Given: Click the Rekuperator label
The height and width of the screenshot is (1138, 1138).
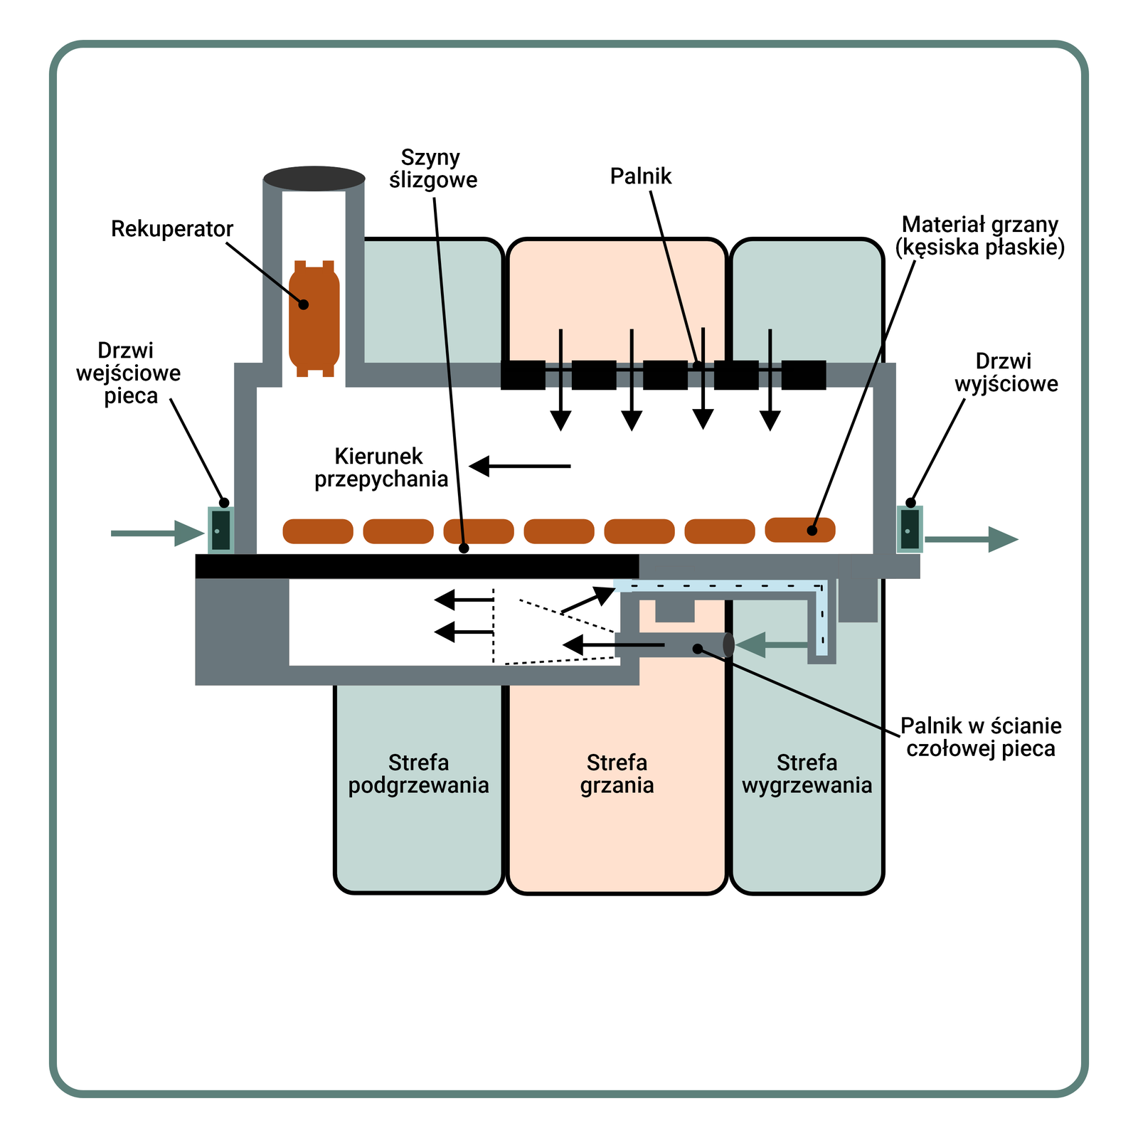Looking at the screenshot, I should pyautogui.click(x=171, y=229).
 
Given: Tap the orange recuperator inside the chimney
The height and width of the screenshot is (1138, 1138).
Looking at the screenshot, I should pyautogui.click(x=314, y=318).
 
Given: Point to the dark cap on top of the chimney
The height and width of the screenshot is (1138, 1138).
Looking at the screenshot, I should pyautogui.click(x=314, y=179).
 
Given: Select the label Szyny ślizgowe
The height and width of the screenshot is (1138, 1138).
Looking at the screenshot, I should pyautogui.click(x=432, y=169).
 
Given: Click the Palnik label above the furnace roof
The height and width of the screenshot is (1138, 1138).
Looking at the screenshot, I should pyautogui.click(x=640, y=176).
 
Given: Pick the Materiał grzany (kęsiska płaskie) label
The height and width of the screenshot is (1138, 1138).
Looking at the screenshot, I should pyautogui.click(x=979, y=236).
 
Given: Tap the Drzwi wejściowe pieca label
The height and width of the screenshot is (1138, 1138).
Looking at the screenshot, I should pyautogui.click(x=129, y=373).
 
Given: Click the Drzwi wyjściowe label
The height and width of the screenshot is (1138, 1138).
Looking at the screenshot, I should pyautogui.click(x=1006, y=373).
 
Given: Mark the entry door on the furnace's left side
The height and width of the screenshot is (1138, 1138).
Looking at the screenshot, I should pyautogui.click(x=220, y=531).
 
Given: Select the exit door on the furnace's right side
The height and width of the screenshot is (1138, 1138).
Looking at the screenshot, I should pyautogui.click(x=909, y=529).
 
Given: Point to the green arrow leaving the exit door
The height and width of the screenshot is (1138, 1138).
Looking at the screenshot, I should pyautogui.click(x=972, y=539).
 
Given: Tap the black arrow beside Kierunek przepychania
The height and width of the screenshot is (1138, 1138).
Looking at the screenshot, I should pyautogui.click(x=520, y=466).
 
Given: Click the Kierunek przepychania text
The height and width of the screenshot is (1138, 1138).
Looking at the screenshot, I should pyautogui.click(x=381, y=467).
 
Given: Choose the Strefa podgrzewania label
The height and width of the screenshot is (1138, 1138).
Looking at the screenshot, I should pyautogui.click(x=418, y=774).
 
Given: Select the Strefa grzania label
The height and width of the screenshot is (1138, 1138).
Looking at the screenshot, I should pyautogui.click(x=617, y=774).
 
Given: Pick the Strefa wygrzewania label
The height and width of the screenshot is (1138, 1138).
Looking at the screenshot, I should pyautogui.click(x=807, y=774).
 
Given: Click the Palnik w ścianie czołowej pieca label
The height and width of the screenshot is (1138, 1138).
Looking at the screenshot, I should pyautogui.click(x=980, y=737).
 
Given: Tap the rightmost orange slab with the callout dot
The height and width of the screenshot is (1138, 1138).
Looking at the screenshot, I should pyautogui.click(x=799, y=530).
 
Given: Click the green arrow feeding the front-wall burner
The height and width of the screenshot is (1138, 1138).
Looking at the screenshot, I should pyautogui.click(x=772, y=645).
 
